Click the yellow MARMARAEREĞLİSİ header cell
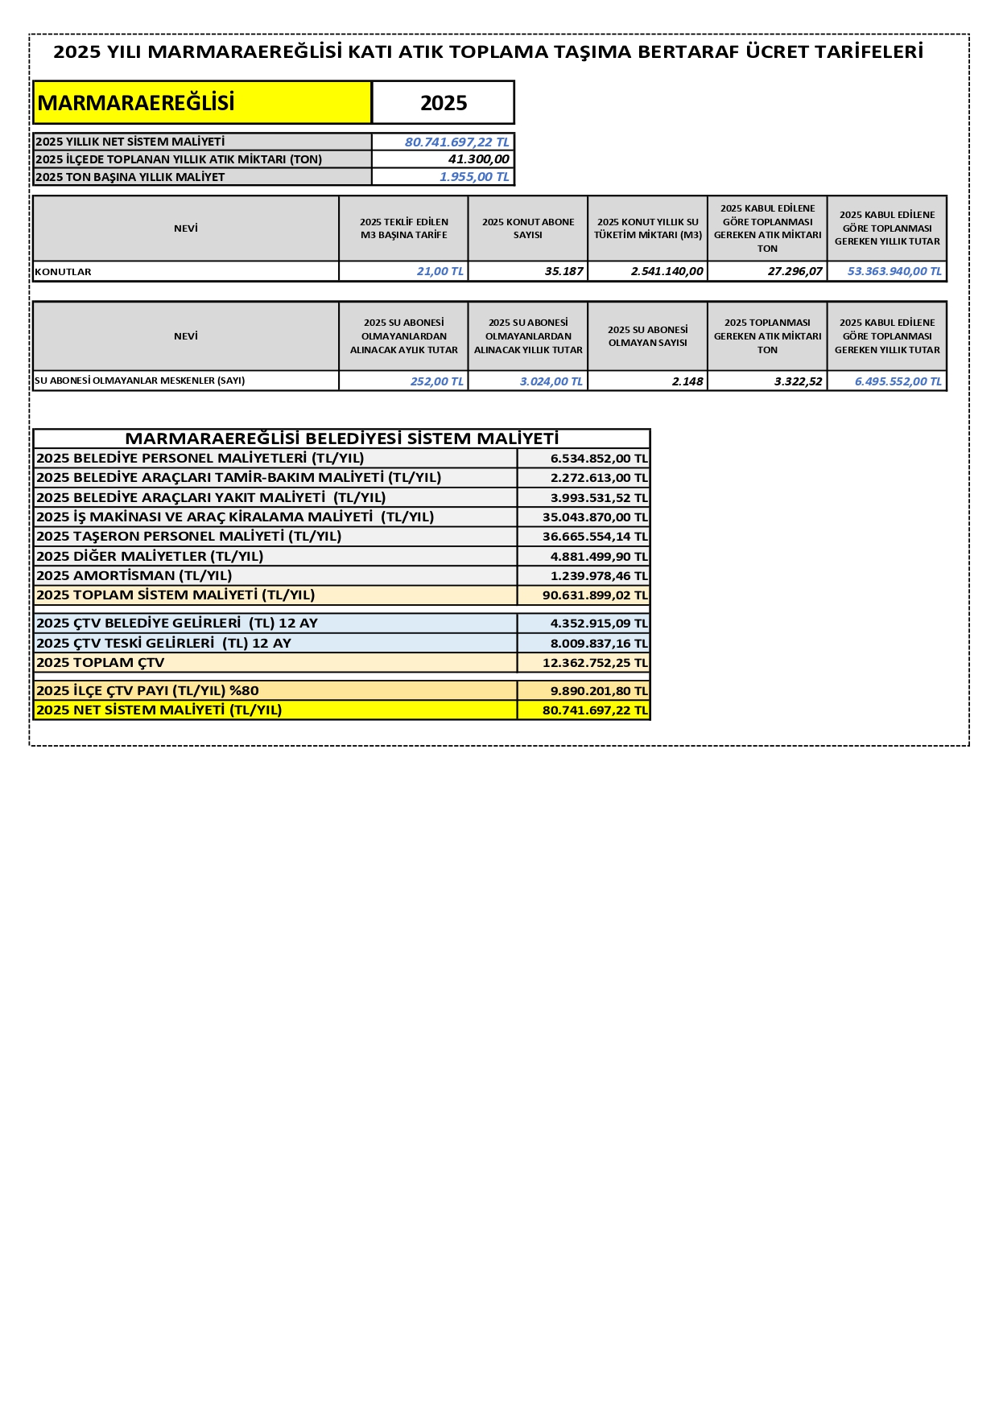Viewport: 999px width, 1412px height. tap(201, 103)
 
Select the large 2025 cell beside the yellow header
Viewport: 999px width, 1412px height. tap(444, 103)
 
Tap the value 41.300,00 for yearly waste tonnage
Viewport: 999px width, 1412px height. tap(478, 159)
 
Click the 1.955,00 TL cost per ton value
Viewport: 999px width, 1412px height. tap(474, 177)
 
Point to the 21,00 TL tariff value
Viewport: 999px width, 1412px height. tap(440, 271)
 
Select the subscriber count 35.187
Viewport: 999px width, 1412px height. tap(563, 271)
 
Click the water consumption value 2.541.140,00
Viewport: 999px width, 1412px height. tap(667, 271)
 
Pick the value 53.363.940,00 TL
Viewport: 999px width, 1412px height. tap(894, 271)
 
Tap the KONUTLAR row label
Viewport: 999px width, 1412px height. tap(63, 272)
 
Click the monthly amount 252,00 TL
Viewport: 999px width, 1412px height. tap(436, 381)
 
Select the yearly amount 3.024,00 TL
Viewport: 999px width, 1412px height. tap(551, 381)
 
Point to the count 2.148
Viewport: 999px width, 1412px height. tap(687, 381)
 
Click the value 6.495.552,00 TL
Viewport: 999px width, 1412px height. tap(898, 381)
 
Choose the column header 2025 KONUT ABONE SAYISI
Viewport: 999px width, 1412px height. tap(528, 228)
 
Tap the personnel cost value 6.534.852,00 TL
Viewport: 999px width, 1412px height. tap(598, 459)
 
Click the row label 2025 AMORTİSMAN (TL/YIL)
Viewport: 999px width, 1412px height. tap(134, 575)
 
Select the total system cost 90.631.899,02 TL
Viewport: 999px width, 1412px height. tap(594, 595)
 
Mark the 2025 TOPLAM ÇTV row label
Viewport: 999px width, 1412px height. tap(100, 663)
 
